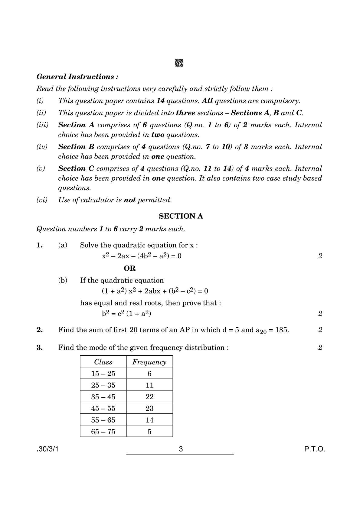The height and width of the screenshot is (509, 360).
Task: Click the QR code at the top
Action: click(179, 63)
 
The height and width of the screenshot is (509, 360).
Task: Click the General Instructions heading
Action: click(77, 77)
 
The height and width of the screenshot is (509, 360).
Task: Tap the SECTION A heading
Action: click(181, 216)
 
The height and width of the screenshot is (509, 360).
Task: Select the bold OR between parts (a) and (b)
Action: click(130, 268)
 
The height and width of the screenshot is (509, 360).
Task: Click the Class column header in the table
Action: click(103, 362)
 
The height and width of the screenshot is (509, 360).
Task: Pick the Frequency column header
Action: click(149, 362)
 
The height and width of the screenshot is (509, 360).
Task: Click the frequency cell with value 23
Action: click(149, 408)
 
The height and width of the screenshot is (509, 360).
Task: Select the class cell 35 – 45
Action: click(103, 397)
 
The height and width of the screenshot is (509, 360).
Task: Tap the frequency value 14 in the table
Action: click(149, 420)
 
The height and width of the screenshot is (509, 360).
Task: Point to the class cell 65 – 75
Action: click(103, 432)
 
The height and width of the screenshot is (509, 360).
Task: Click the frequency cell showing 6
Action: click(149, 374)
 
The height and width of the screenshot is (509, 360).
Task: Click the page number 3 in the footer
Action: click(181, 449)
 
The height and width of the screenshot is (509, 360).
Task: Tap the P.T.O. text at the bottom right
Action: click(315, 449)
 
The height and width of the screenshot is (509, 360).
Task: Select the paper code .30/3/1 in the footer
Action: click(47, 449)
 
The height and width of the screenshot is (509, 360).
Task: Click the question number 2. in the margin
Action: click(40, 330)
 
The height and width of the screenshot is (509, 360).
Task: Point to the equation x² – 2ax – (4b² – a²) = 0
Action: click(142, 256)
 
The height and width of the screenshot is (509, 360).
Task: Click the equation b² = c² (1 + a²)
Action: click(126, 313)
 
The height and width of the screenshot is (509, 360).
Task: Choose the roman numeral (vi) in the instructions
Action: click(42, 200)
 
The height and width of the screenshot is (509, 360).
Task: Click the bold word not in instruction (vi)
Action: click(129, 200)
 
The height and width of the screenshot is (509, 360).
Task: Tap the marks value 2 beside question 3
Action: click(320, 347)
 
